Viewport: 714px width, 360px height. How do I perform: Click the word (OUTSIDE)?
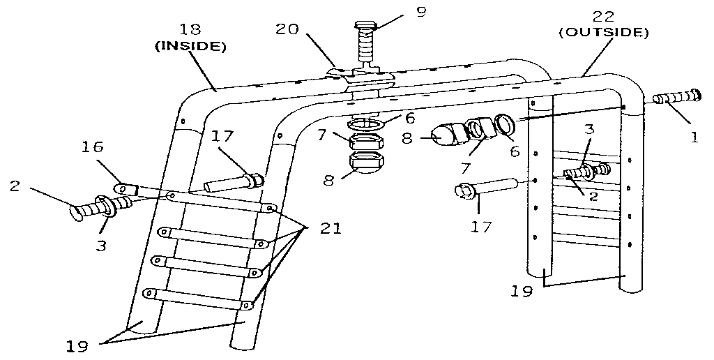605,32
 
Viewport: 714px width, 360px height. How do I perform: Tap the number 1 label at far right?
694,138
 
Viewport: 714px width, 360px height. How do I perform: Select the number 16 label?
93,147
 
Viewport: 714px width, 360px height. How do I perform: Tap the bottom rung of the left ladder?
199,299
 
